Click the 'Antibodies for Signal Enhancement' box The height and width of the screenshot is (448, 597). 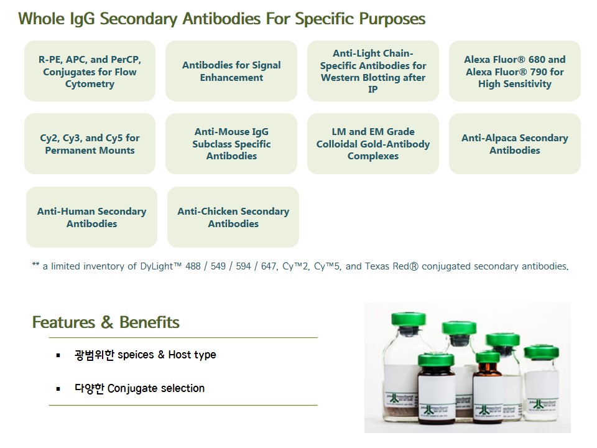pos(231,71)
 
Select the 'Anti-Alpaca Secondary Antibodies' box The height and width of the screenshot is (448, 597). pos(515,144)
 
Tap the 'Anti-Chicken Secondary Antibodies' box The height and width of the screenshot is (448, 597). pos(233,217)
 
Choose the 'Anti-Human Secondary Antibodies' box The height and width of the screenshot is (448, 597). pos(92,217)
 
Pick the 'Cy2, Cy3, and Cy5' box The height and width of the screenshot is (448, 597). pos(90,144)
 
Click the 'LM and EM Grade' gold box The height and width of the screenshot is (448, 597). pos(373,144)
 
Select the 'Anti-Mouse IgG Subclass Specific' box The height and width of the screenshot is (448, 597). pos(231,144)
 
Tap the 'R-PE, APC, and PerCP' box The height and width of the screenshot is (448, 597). pos(90,71)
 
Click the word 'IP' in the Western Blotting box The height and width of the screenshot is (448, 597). pos(373,90)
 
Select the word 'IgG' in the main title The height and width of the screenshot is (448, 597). pos(82,19)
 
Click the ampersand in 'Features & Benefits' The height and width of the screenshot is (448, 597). pos(108,322)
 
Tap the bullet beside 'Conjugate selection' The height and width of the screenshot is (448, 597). pos(58,389)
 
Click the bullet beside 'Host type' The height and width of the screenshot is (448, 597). pos(58,355)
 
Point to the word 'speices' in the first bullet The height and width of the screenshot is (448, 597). pos(136,355)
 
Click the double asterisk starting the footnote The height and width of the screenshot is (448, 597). pos(35,264)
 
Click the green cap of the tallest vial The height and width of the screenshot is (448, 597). pos(409,319)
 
